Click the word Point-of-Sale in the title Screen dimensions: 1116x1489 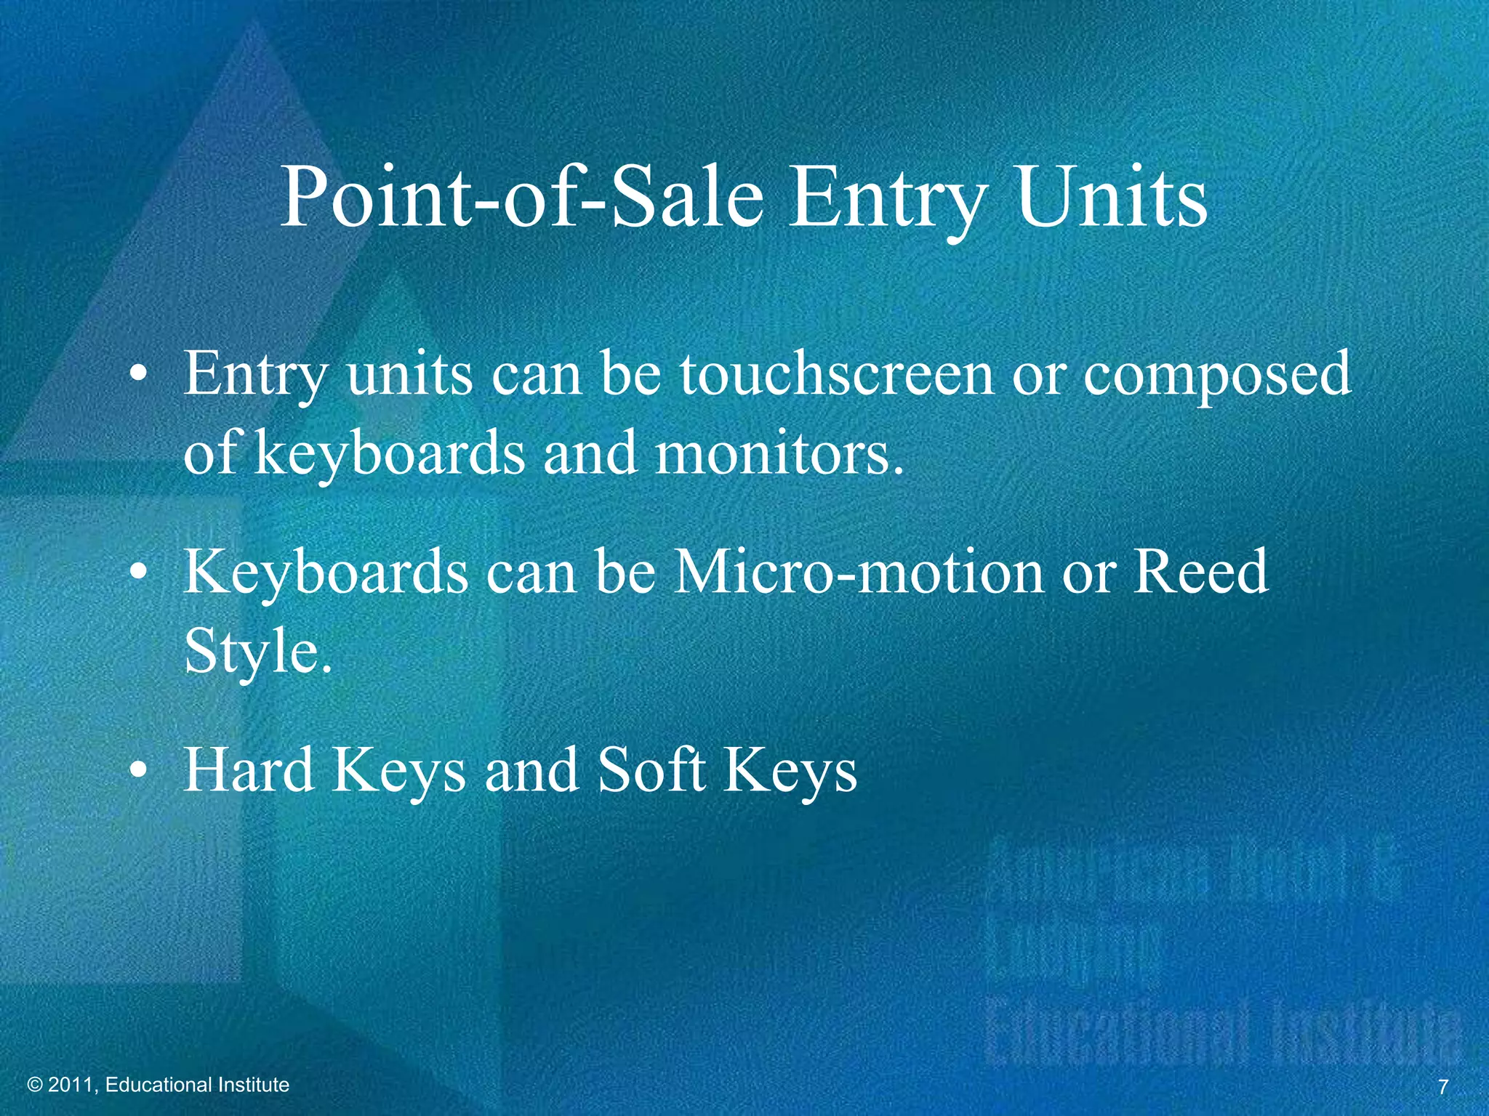pyautogui.click(x=521, y=198)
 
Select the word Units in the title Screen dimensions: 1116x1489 pyautogui.click(x=1112, y=198)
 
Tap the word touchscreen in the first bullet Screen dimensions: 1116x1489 pyautogui.click(x=837, y=374)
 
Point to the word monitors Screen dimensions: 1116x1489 pyautogui.click(x=780, y=453)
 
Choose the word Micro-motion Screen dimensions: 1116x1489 pyautogui.click(x=858, y=572)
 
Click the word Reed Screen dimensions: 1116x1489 pyautogui.click(x=1200, y=572)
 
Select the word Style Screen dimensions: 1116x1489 pyautogui.click(x=257, y=652)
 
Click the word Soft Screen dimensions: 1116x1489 pyautogui.click(x=651, y=770)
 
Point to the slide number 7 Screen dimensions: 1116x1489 pyautogui.click(x=1443, y=1087)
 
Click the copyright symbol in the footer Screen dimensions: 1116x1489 pyautogui.click(x=36, y=1085)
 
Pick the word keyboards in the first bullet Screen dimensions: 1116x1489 pyautogui.click(x=389, y=455)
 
